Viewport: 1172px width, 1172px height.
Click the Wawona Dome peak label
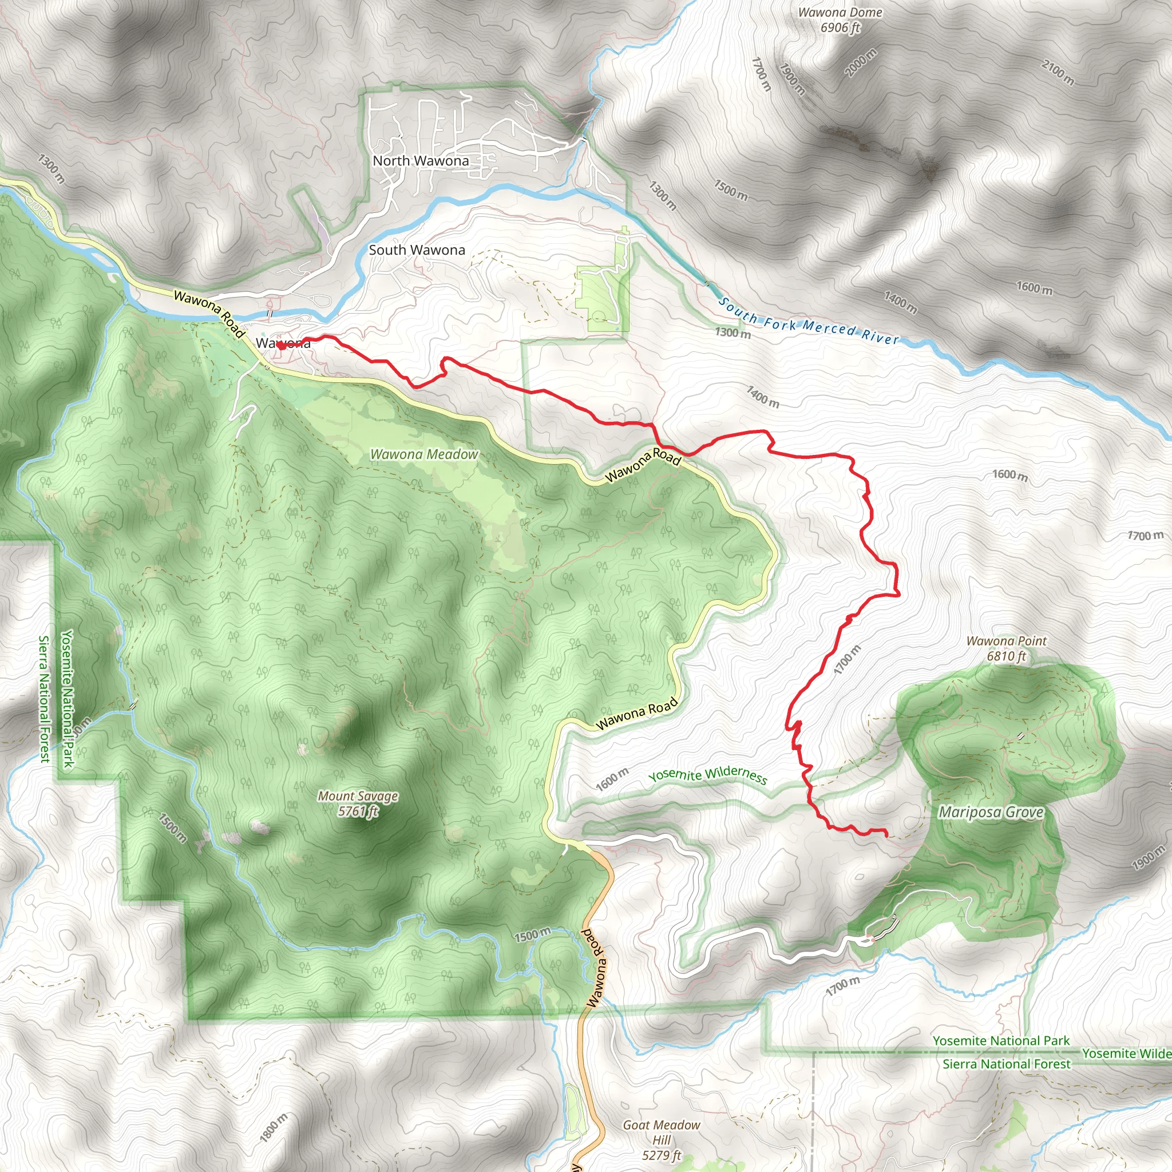click(x=840, y=13)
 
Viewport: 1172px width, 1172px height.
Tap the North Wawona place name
click(x=421, y=161)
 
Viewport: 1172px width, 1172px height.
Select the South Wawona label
click(x=417, y=250)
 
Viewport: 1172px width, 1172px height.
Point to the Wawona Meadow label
click(x=424, y=454)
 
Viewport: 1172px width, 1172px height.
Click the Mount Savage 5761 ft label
click(x=358, y=803)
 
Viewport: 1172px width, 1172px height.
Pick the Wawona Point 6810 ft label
click(x=1007, y=648)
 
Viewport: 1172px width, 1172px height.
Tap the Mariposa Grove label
click(x=991, y=812)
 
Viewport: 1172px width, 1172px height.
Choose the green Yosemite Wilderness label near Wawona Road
click(x=707, y=775)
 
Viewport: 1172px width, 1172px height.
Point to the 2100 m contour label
click(x=1058, y=72)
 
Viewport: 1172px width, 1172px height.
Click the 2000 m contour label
click(x=861, y=62)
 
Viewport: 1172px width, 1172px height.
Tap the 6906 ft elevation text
click(x=840, y=27)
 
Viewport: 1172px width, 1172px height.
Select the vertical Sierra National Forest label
click(x=43, y=698)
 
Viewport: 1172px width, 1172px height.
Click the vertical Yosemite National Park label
click(x=68, y=698)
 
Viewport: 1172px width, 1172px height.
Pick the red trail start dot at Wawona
click(x=282, y=346)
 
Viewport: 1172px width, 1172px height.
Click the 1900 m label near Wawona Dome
click(x=791, y=80)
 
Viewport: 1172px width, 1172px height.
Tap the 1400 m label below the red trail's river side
click(x=762, y=397)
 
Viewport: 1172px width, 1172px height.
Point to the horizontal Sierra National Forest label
click(x=1007, y=1064)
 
